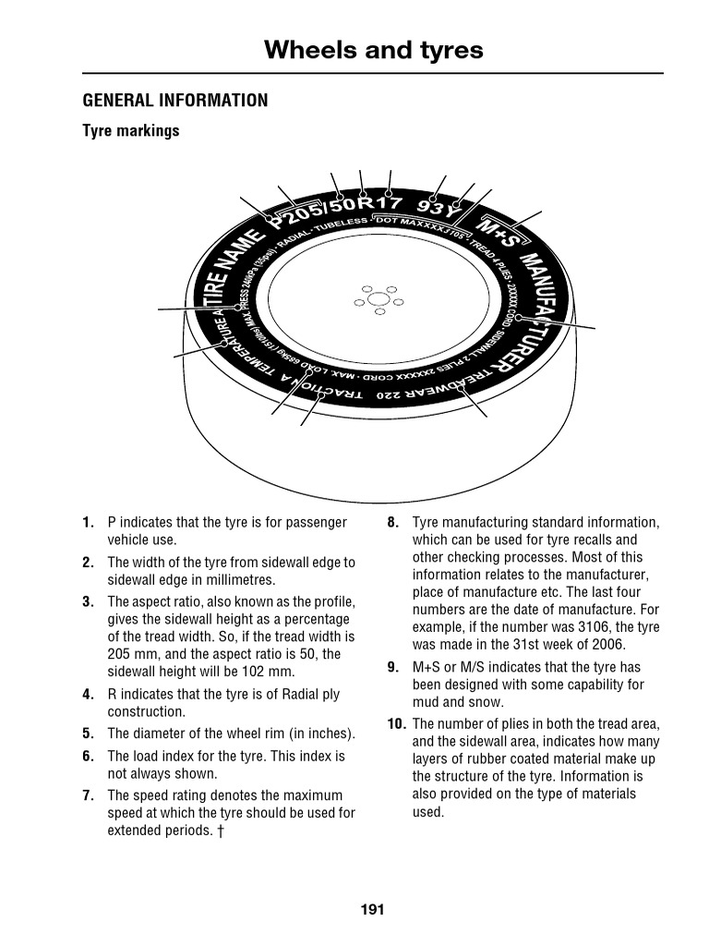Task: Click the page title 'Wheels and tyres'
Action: pos(373,50)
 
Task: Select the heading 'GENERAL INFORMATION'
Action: pos(175,101)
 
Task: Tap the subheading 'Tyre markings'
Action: pos(131,131)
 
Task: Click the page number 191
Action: pos(372,910)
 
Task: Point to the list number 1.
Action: pos(88,523)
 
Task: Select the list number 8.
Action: pos(393,523)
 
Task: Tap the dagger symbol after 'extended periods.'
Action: pos(221,831)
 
